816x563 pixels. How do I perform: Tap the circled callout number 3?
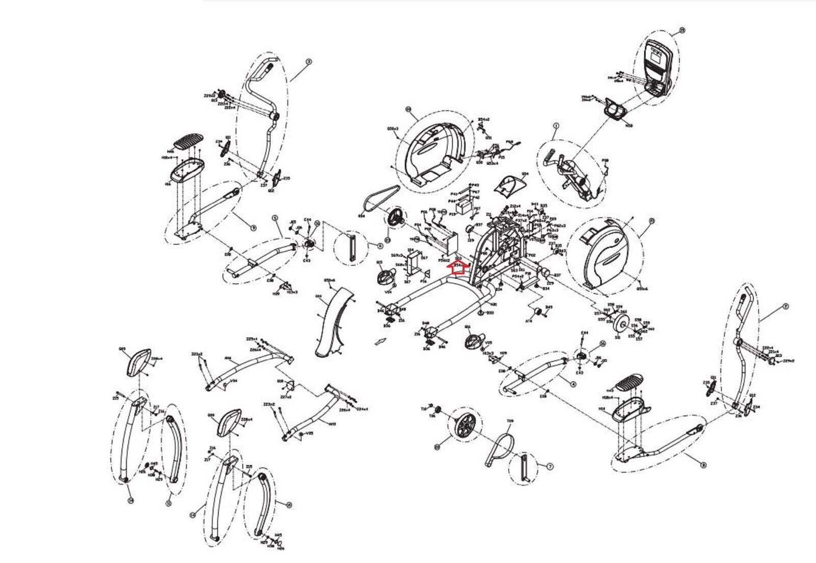point(308,61)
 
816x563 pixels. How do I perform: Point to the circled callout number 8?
point(704,465)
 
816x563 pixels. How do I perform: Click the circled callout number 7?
point(550,467)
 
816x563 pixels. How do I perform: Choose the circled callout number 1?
point(556,125)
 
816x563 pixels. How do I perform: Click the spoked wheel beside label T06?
point(463,425)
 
